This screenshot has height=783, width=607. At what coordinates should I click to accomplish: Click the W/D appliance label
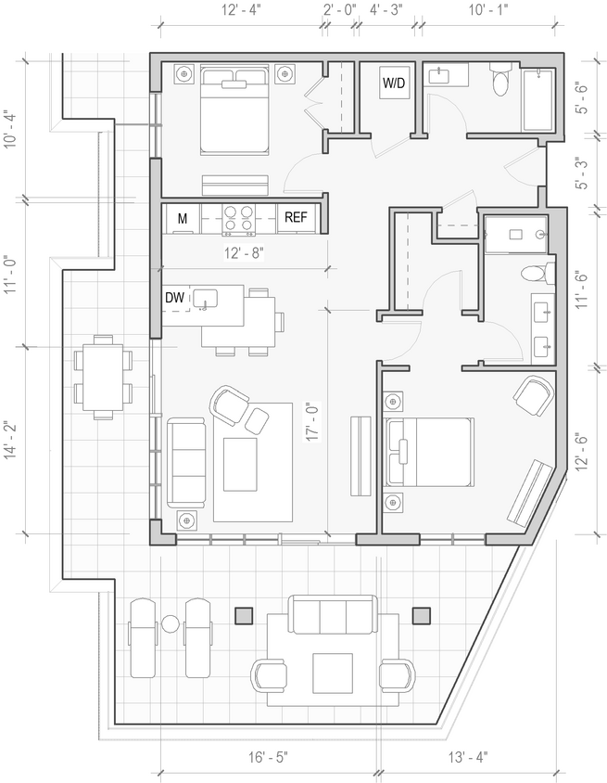click(394, 83)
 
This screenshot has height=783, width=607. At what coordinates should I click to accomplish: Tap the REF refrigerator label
click(296, 218)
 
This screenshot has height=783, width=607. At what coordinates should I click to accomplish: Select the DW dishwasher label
click(174, 298)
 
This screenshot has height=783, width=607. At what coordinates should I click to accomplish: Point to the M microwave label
click(183, 219)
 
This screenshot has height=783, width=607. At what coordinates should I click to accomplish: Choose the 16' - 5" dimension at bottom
click(268, 756)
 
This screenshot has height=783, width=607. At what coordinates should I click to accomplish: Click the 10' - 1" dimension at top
click(490, 10)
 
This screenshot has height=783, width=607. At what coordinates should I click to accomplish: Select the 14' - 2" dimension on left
click(10, 443)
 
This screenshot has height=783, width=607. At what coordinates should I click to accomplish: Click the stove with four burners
click(239, 218)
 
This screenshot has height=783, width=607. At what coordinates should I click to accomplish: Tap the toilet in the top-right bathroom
click(501, 80)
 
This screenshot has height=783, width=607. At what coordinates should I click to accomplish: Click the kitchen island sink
click(204, 298)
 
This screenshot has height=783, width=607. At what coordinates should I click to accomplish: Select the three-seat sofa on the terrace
click(333, 615)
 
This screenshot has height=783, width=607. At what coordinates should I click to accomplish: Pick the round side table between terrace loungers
click(171, 623)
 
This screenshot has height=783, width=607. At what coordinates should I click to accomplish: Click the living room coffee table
click(240, 464)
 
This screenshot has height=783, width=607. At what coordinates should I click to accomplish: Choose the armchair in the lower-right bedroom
click(533, 396)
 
